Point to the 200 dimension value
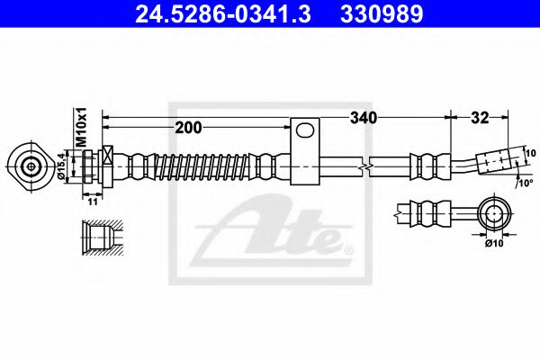(x=188, y=129)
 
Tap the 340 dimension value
(x=364, y=118)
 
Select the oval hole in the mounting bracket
(x=307, y=132)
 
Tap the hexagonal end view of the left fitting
(x=32, y=166)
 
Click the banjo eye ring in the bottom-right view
(x=494, y=213)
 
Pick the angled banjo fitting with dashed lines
(x=495, y=161)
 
